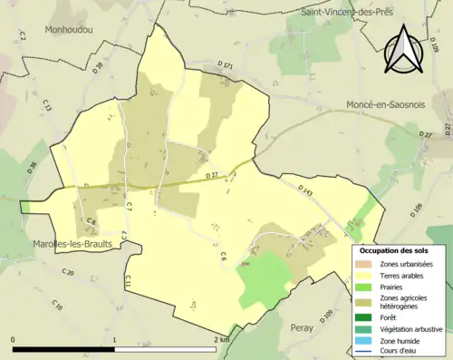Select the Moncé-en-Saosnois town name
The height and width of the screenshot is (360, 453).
click(x=386, y=105)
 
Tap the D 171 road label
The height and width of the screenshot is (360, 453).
click(x=226, y=66)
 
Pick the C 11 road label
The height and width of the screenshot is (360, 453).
click(x=130, y=282)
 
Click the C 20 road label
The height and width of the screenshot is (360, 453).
click(x=68, y=272)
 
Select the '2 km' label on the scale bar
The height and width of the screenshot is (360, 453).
click(x=220, y=340)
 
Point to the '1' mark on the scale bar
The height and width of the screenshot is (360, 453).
click(x=115, y=340)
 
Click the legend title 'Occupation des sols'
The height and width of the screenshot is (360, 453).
click(x=399, y=249)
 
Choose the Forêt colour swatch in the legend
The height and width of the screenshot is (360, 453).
click(x=364, y=316)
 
